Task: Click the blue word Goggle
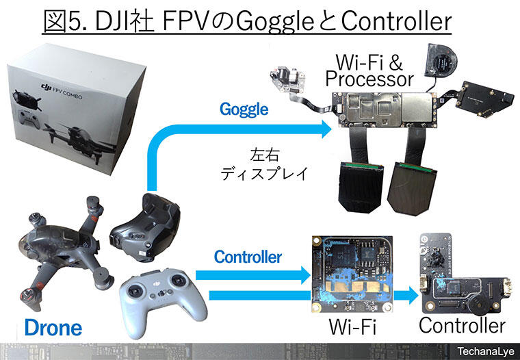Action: point(245,109)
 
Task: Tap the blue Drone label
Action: point(53,327)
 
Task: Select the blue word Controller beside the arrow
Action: point(248,257)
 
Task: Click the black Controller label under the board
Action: point(462,325)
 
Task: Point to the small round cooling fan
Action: point(439,58)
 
